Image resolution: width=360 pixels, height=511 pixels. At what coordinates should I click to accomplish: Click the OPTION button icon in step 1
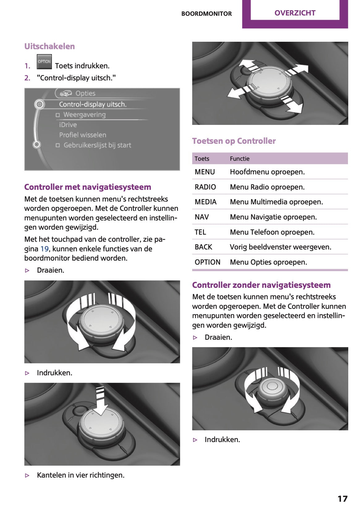(44, 62)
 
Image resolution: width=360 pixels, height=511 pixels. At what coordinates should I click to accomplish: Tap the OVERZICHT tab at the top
(295, 13)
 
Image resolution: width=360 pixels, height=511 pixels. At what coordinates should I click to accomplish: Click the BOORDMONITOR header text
(206, 14)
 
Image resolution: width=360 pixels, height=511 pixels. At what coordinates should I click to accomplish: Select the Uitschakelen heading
(49, 46)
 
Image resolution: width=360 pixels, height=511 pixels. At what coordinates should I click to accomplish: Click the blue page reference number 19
(44, 249)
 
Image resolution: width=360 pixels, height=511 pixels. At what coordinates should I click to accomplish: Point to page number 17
(342, 499)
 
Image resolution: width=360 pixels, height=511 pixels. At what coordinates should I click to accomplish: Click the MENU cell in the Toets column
(205, 172)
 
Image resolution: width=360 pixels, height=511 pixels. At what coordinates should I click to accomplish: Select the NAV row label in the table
(202, 217)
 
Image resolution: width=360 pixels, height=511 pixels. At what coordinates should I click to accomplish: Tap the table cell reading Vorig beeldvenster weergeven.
(280, 247)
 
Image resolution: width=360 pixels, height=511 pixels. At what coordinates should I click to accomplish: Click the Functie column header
(239, 159)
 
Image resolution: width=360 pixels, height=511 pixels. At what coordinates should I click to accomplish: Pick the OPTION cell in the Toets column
(207, 262)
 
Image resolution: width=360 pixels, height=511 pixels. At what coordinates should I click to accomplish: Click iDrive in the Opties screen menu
(68, 125)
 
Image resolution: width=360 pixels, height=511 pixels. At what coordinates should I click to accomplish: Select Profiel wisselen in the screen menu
(83, 135)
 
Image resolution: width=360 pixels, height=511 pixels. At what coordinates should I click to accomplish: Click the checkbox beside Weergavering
(58, 115)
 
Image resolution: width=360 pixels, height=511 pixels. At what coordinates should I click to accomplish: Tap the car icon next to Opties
(66, 93)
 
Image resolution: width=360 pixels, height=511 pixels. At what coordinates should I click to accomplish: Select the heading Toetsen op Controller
(234, 141)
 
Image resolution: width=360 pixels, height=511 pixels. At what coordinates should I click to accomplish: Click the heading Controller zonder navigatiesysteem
(261, 285)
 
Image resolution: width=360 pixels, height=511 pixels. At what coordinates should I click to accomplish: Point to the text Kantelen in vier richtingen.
(81, 475)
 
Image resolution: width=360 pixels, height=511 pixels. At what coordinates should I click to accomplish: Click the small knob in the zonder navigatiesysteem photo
(272, 386)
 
